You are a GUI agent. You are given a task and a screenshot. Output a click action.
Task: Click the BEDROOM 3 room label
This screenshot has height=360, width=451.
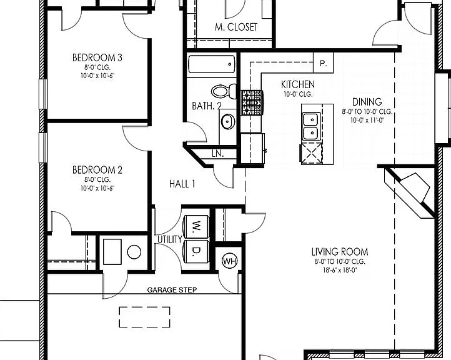97,57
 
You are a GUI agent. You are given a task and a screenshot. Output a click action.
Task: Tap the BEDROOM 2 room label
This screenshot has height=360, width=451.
97,170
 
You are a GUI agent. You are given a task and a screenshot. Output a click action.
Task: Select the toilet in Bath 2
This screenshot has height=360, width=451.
224,91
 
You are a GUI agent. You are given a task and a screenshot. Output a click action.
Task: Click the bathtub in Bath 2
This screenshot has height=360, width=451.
212,64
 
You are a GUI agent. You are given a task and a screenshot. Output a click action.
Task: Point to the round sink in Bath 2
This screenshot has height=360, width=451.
228,121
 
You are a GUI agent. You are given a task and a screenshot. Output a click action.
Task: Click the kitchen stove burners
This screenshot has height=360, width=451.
252,102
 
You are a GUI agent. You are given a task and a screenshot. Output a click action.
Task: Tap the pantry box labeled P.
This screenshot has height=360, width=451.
324,62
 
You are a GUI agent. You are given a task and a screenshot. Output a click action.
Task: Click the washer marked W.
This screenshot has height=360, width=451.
196,226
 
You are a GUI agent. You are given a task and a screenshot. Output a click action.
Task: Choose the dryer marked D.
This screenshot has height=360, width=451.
196,251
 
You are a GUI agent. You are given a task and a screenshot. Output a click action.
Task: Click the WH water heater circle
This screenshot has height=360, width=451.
230,261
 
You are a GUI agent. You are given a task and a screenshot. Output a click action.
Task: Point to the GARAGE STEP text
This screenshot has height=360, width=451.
172,290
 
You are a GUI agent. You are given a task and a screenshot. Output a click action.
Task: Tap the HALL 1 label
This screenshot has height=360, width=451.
182,184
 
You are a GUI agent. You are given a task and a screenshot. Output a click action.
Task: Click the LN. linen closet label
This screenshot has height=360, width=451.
218,154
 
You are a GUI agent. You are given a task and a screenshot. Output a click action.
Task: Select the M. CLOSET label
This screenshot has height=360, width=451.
236,27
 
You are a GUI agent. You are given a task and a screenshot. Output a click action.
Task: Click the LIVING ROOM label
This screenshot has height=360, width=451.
340,252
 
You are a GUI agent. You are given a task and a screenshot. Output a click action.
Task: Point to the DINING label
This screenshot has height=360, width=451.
367,102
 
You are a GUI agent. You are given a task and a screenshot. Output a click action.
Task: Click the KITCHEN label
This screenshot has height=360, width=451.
298,84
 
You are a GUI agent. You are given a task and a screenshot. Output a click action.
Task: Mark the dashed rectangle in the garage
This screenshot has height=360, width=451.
144,317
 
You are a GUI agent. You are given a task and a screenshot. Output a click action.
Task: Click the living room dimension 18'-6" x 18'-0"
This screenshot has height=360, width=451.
340,270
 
